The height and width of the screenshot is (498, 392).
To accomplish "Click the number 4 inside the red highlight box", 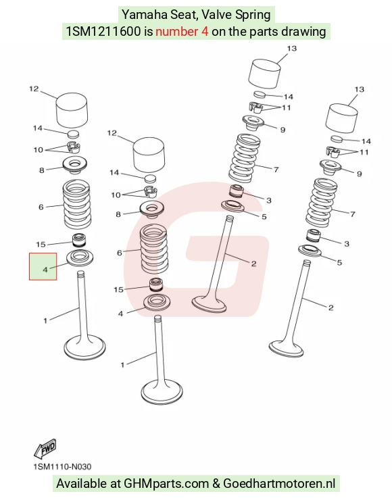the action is coord(45,270).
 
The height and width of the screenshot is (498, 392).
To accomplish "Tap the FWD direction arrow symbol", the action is coord(45,449).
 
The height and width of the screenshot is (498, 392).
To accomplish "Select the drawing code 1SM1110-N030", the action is coord(62,467).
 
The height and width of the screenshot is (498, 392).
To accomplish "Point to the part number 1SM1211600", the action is coord(103,32).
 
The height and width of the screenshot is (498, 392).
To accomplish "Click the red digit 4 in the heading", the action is coord(205,32).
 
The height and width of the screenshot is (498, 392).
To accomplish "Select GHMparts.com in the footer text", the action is coord(166,484).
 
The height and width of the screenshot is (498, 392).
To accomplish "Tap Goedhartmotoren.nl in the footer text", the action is coord(279,484).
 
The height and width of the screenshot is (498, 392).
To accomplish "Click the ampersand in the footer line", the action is coord(216,484).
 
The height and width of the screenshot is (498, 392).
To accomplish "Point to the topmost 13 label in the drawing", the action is coord(291,48).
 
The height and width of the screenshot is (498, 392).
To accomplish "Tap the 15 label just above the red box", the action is coord(41,244).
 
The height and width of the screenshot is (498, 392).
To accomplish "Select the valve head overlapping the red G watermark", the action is coord(209,304).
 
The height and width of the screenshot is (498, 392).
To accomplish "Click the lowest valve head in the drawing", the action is coord(162,392).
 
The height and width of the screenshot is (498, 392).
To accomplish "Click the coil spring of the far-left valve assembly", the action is coord(76,204).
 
